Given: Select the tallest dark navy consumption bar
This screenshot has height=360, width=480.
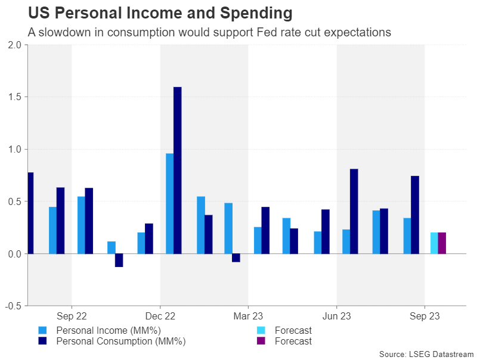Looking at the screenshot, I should click(x=177, y=170).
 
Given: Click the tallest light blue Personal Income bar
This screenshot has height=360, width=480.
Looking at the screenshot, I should click(x=169, y=203).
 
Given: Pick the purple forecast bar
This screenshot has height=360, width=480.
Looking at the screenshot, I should click(x=442, y=243).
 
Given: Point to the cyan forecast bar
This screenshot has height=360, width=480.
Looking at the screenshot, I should click(x=434, y=243).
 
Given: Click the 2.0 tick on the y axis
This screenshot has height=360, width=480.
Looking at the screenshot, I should click(x=14, y=45).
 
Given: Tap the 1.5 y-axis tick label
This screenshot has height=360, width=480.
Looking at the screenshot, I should click(x=14, y=97).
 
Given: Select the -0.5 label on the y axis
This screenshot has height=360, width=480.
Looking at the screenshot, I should click(x=13, y=306).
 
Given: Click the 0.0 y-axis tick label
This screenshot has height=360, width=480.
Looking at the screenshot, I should click(x=14, y=254).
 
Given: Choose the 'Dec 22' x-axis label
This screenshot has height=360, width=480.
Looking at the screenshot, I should click(x=160, y=316).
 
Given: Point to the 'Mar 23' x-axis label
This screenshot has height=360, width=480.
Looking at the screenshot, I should click(x=248, y=316).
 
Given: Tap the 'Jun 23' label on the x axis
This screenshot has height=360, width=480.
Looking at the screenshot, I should click(x=336, y=316).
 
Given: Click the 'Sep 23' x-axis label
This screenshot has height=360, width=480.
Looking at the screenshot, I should click(x=425, y=316).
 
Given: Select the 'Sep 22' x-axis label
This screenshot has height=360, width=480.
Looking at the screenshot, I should click(x=72, y=316).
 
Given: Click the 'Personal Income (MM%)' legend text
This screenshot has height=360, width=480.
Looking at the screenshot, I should click(x=109, y=330).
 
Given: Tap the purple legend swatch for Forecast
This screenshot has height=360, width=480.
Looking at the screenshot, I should click(x=260, y=342).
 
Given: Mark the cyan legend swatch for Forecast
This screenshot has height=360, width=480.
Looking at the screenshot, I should click(x=260, y=330).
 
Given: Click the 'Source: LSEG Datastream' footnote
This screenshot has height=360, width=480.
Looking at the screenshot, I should click(x=425, y=354).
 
